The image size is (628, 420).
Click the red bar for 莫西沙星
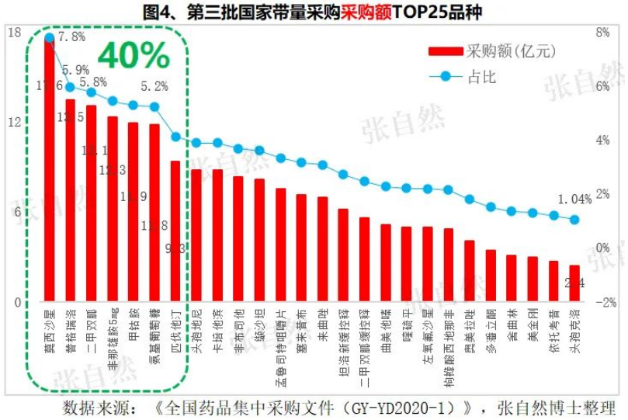49,171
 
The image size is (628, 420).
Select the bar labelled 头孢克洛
574,283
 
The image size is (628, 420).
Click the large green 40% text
133,55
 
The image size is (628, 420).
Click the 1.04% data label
574,200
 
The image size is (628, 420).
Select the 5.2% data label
154,86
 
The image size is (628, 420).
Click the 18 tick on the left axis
14,33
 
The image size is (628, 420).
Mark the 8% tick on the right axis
602,33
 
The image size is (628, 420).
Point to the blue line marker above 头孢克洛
574,220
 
